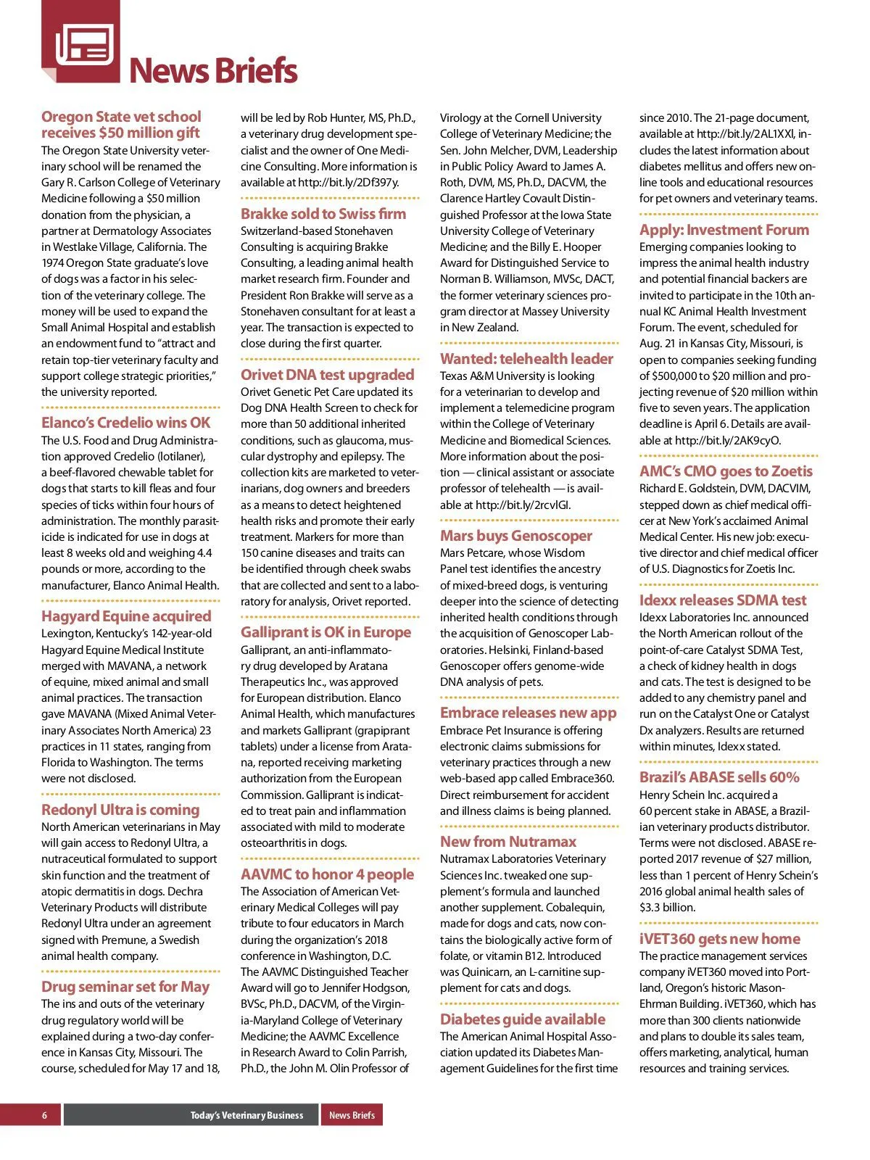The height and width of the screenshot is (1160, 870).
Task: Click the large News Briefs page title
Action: pyautogui.click(x=212, y=71)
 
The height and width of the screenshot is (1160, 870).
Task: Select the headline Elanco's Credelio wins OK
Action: pyautogui.click(x=125, y=423)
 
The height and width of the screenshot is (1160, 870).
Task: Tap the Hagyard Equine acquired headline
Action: pyautogui.click(x=126, y=616)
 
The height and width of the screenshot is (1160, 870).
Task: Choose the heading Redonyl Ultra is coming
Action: pyautogui.click(x=120, y=810)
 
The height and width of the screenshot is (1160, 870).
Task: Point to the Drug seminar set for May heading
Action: pyautogui.click(x=125, y=987)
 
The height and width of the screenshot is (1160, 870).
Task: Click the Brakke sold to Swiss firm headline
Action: pyautogui.click(x=323, y=214)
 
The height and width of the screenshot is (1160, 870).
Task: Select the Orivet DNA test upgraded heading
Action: pyautogui.click(x=328, y=375)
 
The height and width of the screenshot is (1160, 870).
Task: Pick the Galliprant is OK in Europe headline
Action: pyautogui.click(x=326, y=632)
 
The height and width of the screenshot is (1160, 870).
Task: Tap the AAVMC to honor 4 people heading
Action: pyautogui.click(x=327, y=874)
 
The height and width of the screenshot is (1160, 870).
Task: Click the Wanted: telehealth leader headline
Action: pyautogui.click(x=526, y=359)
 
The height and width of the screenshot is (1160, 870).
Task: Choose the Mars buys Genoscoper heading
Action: pyautogui.click(x=516, y=536)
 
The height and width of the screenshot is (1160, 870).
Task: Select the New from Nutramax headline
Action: pyautogui.click(x=508, y=842)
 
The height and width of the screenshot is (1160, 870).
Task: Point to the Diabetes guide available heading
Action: pyautogui.click(x=523, y=1019)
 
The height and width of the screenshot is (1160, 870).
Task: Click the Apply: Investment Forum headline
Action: pyautogui.click(x=724, y=230)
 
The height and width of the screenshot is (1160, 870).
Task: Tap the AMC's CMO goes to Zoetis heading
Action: pyautogui.click(x=726, y=471)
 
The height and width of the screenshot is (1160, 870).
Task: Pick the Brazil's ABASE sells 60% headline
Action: pyautogui.click(x=719, y=777)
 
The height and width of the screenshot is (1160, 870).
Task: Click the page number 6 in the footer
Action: pyautogui.click(x=44, y=1115)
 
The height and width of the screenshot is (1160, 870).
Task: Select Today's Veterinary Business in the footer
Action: pyautogui.click(x=246, y=1115)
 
